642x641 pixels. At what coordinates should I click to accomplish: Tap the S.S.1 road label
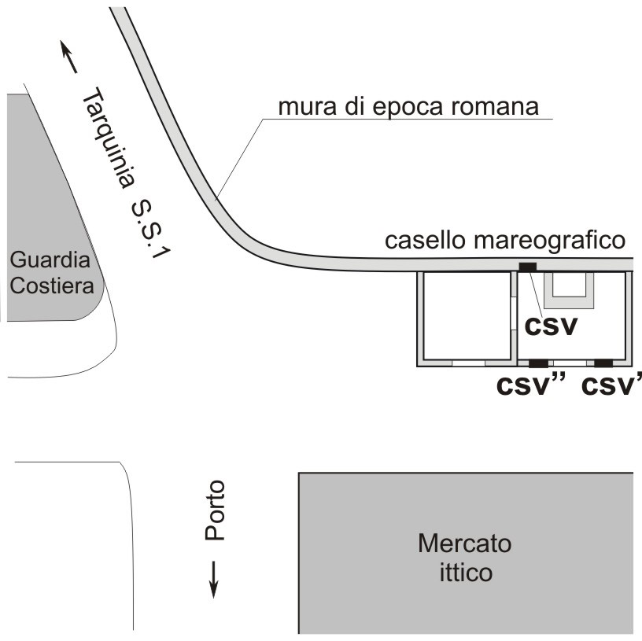[x=150, y=230]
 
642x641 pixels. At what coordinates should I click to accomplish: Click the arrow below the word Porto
[x=213, y=579]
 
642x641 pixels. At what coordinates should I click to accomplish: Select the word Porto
[x=215, y=510]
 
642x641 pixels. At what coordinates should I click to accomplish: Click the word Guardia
[x=50, y=260]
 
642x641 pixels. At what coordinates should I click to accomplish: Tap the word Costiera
[x=52, y=286]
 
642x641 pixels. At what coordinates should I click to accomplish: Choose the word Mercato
[x=465, y=543]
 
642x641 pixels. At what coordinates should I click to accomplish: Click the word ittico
[x=466, y=572]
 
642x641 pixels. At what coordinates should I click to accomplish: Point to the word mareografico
[x=550, y=241]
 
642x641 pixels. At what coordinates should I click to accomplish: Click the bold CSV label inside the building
[x=551, y=326]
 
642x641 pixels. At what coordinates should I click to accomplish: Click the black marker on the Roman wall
[x=528, y=267]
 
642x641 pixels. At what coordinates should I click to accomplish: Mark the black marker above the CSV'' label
[x=538, y=363]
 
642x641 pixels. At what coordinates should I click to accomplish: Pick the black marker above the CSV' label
[x=603, y=363]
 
